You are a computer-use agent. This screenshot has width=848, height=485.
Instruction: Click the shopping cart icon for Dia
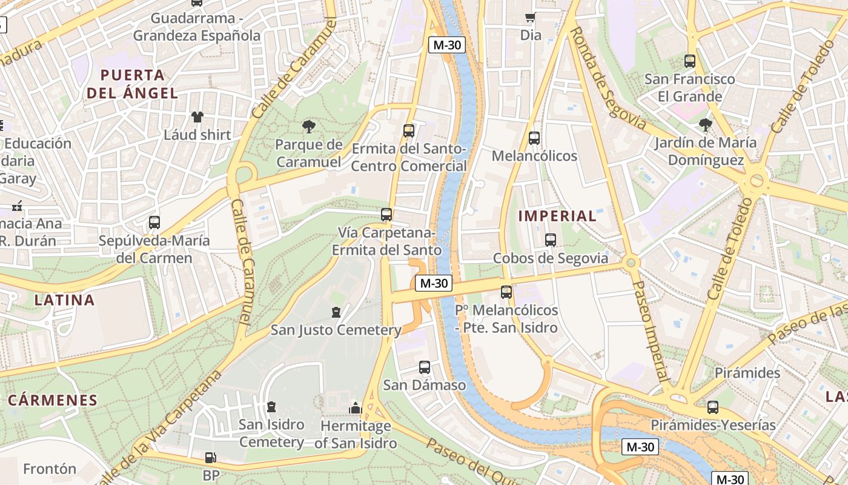(531, 18)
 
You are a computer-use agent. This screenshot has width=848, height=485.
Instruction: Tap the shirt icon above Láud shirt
(197, 117)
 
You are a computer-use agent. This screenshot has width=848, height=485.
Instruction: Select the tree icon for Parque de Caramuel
(309, 127)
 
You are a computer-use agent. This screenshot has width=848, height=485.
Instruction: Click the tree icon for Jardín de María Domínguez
(705, 125)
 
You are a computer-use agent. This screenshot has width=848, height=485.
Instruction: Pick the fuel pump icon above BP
(210, 458)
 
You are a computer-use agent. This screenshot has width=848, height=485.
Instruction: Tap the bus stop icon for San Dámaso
(425, 367)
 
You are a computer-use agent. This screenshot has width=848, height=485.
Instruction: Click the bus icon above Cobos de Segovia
(550, 240)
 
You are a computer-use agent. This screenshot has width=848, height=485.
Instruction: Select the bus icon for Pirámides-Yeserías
(713, 407)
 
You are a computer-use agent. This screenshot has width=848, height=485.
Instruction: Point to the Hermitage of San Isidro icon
(356, 408)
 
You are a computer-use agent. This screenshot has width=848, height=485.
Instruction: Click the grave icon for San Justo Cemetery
(336, 312)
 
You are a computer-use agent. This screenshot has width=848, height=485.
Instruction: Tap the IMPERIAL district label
(557, 216)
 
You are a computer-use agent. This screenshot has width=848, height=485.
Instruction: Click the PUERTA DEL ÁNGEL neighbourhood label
(133, 84)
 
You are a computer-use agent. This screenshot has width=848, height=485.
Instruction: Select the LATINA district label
(64, 300)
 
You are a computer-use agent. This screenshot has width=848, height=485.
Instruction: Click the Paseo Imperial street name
(651, 330)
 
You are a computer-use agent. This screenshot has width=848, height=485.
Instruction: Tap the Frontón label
(50, 469)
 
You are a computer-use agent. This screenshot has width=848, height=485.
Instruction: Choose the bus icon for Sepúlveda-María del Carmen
(154, 222)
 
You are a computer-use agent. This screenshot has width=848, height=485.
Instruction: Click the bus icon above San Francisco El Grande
(689, 61)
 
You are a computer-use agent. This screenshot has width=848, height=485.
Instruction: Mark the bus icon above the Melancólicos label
(534, 138)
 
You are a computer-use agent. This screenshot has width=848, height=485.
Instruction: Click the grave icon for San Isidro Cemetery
(271, 407)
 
